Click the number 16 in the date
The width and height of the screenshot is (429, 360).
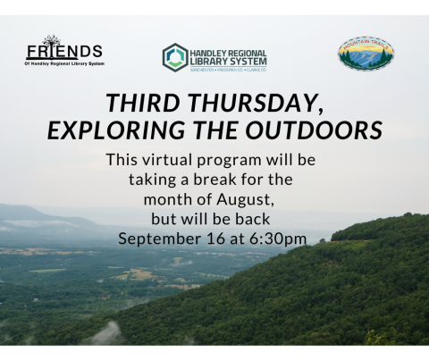214,238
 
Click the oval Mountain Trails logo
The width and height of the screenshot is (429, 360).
366,54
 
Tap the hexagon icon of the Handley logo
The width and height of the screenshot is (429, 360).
174,56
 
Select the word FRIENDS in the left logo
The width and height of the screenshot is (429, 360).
63,51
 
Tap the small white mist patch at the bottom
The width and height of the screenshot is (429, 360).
105,334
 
